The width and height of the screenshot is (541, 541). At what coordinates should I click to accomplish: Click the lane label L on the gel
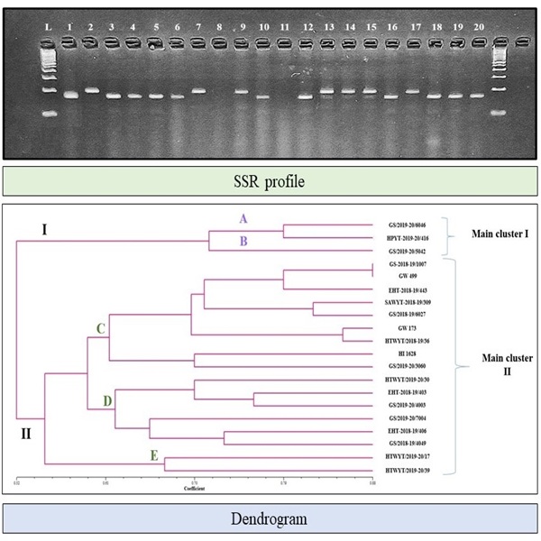(x=48, y=28)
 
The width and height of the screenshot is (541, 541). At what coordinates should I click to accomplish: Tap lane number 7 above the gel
(x=197, y=28)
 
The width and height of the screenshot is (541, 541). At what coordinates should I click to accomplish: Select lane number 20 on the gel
(x=479, y=28)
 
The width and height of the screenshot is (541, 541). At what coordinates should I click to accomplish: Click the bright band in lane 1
(x=69, y=93)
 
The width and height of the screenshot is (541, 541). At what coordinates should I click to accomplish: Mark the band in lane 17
(x=413, y=91)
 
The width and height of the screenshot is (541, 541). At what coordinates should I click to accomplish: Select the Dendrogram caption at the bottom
(x=270, y=519)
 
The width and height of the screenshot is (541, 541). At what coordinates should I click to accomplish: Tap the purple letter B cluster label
(x=241, y=241)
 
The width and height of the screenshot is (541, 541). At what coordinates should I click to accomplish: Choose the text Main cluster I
(x=500, y=237)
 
